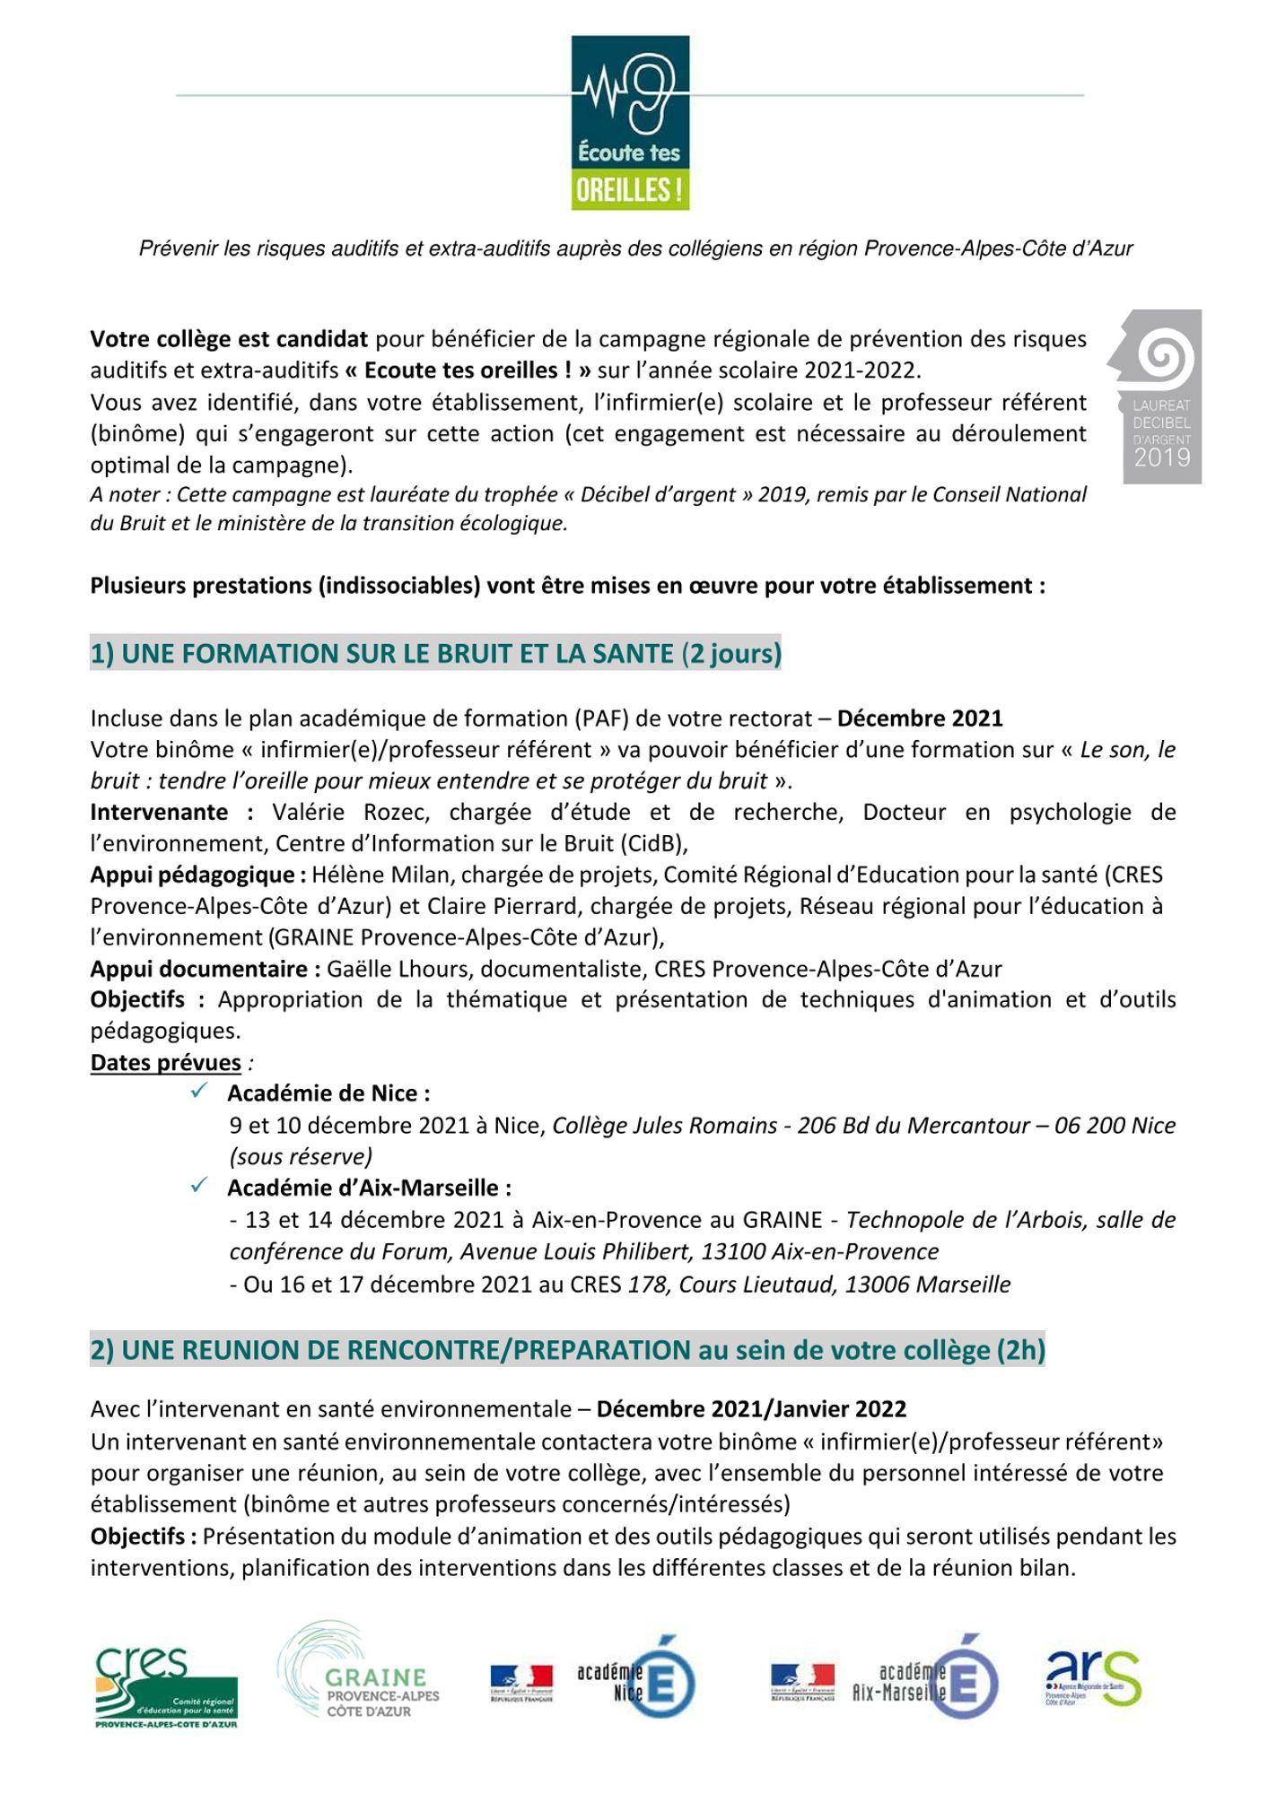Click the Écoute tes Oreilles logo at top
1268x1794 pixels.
point(630,123)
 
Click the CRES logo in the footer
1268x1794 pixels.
point(166,1688)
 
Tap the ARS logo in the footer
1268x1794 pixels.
point(1093,1678)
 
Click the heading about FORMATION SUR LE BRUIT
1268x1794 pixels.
point(435,653)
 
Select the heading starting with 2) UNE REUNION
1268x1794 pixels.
point(567,1350)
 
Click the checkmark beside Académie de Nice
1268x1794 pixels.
point(199,1092)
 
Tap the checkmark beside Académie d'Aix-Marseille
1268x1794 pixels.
point(199,1186)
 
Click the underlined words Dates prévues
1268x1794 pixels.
point(166,1062)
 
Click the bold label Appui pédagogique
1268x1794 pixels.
point(192,875)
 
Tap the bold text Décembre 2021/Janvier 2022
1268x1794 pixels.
point(751,1408)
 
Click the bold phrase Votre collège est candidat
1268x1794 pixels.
point(229,339)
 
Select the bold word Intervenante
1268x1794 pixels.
point(159,812)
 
